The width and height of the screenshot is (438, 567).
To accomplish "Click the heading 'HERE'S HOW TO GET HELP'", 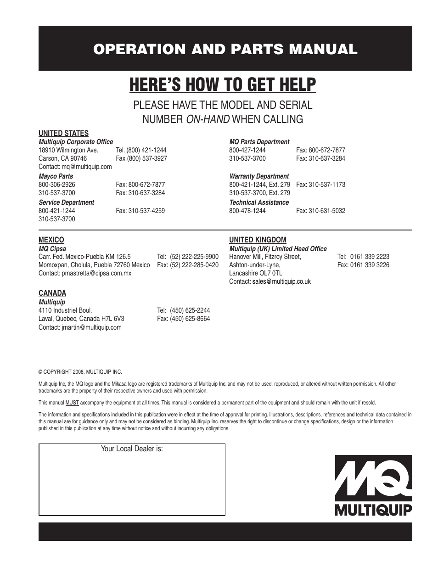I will pos(223,85).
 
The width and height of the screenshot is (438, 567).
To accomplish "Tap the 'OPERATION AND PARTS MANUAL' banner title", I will pos(225,50).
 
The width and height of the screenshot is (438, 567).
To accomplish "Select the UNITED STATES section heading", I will pos(63,133).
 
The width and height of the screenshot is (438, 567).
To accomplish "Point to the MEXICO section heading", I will pos(51,240).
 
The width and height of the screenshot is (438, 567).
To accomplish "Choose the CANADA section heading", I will pos(52,293).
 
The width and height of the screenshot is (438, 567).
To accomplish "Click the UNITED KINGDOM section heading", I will pos(258,240).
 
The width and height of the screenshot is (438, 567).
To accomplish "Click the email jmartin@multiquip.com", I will pos(91,327).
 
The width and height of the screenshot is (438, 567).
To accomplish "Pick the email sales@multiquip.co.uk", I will pos(281,281).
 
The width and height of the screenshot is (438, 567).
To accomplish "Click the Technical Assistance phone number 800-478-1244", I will pos(247,211).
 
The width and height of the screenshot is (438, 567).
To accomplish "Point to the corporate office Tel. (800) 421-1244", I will pos(141,150).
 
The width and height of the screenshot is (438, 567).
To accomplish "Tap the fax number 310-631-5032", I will pos(327,211).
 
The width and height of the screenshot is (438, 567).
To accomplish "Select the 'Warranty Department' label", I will pos(259,176).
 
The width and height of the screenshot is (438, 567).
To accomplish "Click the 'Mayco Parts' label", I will pos(56,176).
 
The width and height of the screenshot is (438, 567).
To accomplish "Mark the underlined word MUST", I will pos(73,403).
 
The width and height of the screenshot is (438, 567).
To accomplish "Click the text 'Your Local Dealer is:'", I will pos(132,449).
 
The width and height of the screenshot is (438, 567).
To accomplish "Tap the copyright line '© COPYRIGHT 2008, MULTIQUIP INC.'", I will pos(80,372).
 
